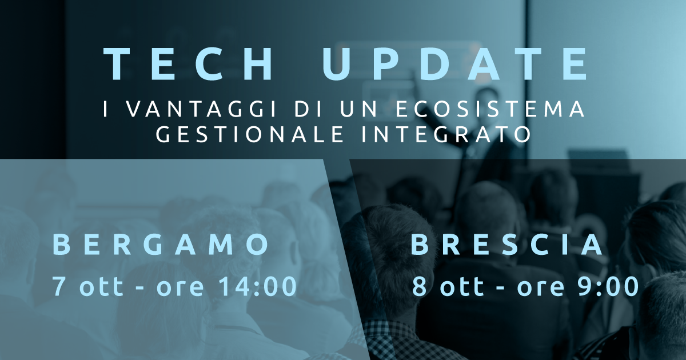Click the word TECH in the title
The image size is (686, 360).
(188, 65)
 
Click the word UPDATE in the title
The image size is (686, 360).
(454, 65)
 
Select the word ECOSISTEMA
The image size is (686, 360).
(489, 109)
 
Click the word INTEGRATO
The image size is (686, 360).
(446, 134)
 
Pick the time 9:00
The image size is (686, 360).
(608, 286)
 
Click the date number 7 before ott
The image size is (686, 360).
(58, 286)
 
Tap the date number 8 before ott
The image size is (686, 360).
(420, 286)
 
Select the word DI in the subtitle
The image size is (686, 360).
(308, 109)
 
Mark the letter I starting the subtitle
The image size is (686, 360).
(106, 109)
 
